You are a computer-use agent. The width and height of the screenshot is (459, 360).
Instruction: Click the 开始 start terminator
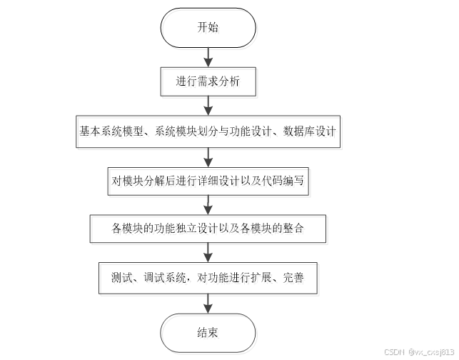pos(208,29)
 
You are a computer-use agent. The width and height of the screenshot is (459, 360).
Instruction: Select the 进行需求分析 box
pos(208,81)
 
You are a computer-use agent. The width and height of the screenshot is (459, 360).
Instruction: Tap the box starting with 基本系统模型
pos(208,131)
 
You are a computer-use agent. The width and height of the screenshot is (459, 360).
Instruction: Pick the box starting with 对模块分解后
pos(208,180)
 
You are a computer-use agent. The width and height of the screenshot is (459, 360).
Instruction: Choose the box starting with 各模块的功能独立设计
pos(208,229)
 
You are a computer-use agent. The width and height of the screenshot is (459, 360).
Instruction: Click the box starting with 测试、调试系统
pos(208,277)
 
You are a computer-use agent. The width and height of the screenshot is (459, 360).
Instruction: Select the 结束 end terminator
pos(208,332)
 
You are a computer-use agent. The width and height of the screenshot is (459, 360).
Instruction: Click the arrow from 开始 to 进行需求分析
pos(208,56)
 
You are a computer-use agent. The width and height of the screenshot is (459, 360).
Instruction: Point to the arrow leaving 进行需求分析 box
pos(208,106)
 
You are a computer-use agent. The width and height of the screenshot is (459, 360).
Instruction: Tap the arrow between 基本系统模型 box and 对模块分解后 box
pos(208,155)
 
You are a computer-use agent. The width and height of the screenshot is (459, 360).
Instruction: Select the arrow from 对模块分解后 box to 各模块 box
pos(208,204)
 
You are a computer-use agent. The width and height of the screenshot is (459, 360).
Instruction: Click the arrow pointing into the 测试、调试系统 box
pos(208,253)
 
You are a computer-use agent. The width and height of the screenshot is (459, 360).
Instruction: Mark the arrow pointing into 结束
pos(208,304)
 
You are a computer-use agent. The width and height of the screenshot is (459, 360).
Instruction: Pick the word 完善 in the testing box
pos(293,277)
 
